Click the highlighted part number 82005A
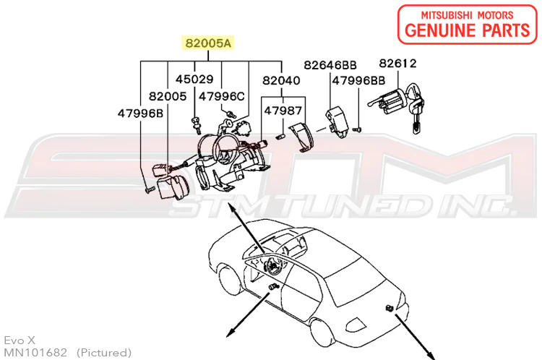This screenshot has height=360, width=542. [208, 43]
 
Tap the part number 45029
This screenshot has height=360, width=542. [194, 80]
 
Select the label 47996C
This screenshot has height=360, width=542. [222, 96]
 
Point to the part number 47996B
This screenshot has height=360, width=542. [140, 113]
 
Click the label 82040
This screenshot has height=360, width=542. [281, 80]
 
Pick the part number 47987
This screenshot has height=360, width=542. [283, 111]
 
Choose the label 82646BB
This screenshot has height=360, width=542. [330, 65]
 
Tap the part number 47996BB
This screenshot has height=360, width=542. [358, 80]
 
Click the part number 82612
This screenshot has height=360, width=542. [398, 64]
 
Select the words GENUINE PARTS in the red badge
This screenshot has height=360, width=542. [468, 30]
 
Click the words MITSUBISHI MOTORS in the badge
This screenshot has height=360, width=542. [468, 15]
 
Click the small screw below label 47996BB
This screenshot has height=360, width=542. [357, 129]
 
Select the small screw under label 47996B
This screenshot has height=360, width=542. [150, 190]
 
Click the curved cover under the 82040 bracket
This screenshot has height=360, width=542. [302, 137]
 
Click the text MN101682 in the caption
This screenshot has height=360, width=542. [35, 352]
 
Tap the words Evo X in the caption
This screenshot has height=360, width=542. [20, 340]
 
